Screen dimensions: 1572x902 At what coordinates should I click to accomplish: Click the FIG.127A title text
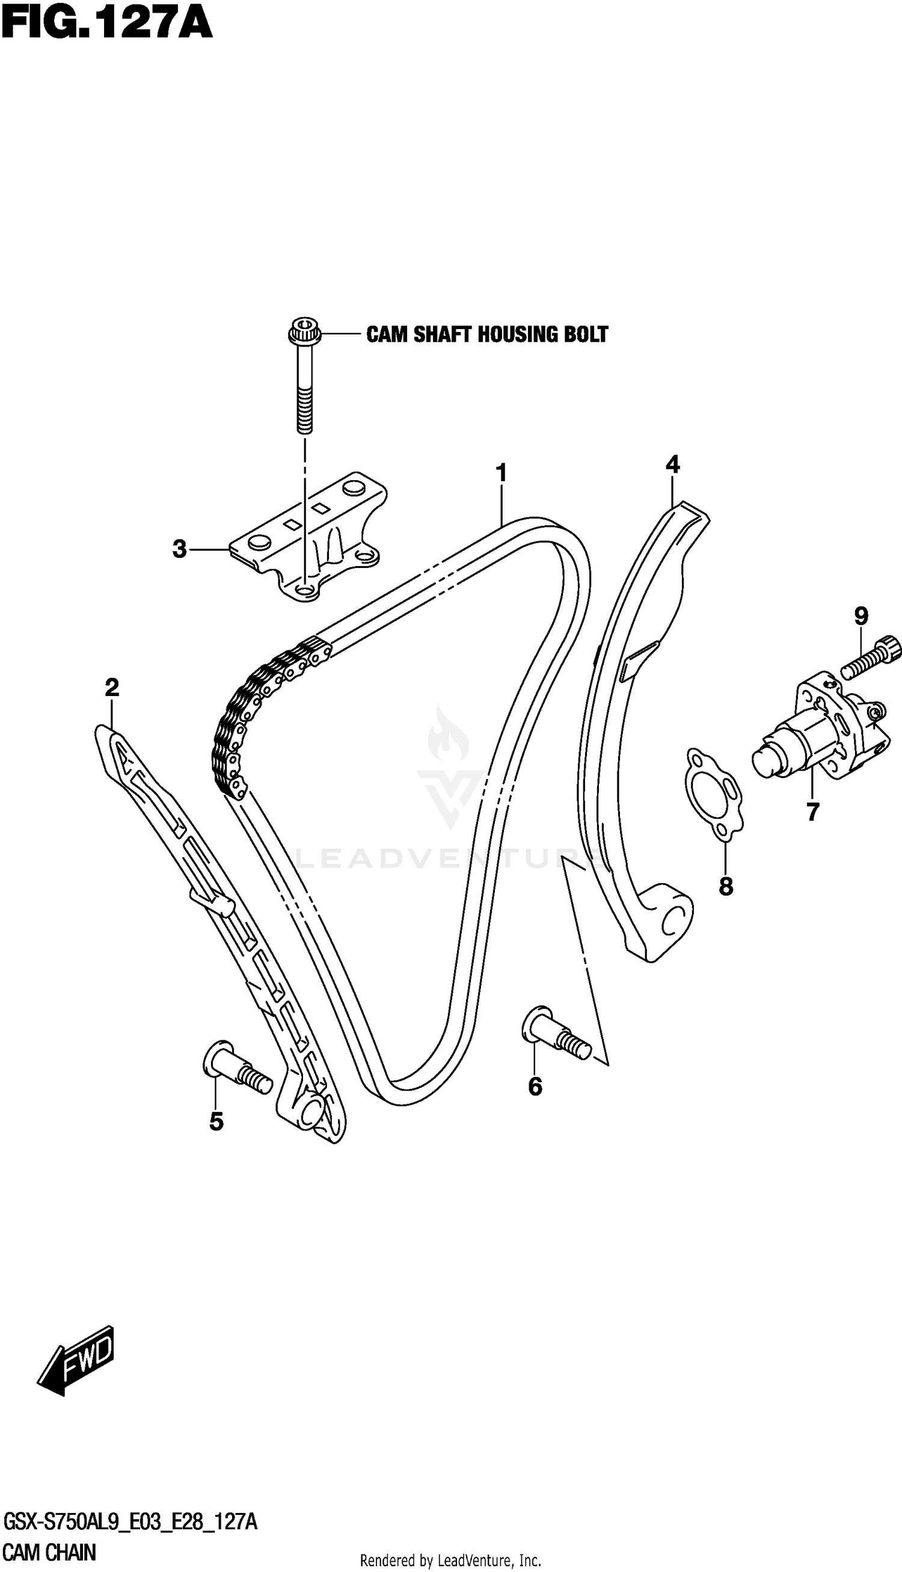point(106,25)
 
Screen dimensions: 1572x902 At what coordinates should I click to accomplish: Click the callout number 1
point(501,473)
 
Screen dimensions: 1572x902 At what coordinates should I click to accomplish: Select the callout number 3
point(180,549)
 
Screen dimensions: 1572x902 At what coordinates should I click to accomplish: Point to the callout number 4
point(672,464)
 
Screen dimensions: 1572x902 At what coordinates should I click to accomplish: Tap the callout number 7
point(813,812)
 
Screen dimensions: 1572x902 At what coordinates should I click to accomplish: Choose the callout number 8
point(725,887)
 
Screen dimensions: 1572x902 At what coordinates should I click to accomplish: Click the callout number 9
point(861,616)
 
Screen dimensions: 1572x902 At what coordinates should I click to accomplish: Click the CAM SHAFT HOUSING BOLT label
point(487,334)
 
